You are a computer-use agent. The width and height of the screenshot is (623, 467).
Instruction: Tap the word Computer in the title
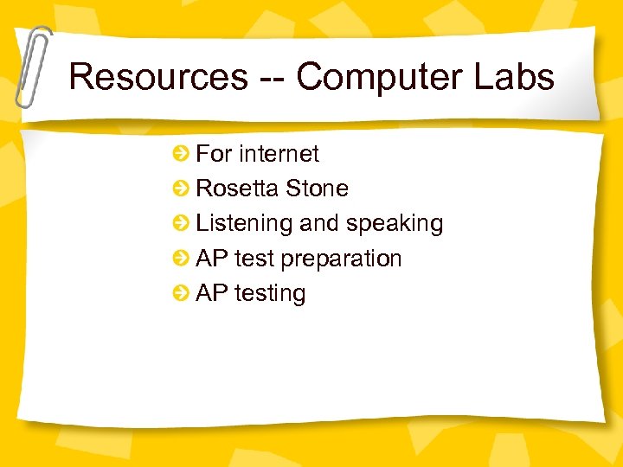point(372,77)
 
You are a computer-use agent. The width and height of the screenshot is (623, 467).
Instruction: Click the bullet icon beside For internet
point(181,154)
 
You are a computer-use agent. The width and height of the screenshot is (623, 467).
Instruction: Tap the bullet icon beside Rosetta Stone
point(181,189)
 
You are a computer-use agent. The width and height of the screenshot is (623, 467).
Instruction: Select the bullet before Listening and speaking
point(181,223)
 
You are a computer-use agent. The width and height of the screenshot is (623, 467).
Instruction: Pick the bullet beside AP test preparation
point(181,259)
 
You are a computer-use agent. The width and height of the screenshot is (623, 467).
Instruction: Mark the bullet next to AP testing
point(181,293)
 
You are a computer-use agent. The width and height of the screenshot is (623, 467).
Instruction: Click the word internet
point(279,154)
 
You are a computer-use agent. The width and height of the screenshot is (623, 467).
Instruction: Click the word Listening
point(244,223)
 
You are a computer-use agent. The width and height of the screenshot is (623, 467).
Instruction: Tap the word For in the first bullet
point(214,154)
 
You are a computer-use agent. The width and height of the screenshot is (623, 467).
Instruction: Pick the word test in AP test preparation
point(254,259)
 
